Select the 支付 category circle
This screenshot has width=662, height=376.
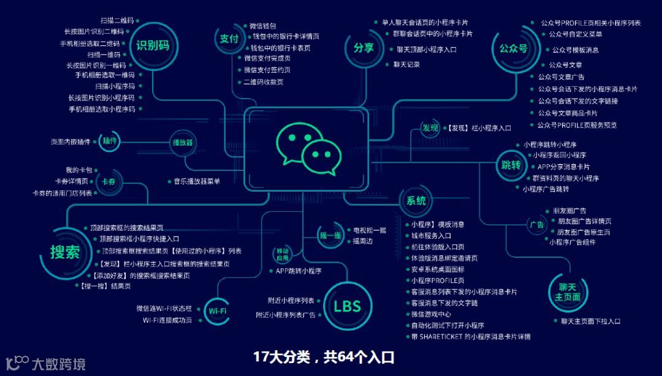(x=229, y=39)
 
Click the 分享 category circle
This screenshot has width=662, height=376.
(x=363, y=47)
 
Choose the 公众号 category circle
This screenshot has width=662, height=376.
(x=513, y=48)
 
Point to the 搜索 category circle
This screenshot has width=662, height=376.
(x=66, y=251)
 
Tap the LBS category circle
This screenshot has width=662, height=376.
(x=347, y=306)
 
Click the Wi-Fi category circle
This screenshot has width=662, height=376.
(x=218, y=311)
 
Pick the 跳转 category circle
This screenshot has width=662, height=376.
(x=511, y=165)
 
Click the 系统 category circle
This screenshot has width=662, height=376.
(x=416, y=200)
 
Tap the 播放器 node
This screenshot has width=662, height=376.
(x=182, y=143)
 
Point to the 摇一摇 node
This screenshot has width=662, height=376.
(x=330, y=235)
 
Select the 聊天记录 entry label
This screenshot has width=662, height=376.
(x=406, y=64)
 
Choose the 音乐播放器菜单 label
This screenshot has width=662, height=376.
(x=196, y=181)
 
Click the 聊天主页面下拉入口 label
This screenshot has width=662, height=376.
(x=590, y=321)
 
